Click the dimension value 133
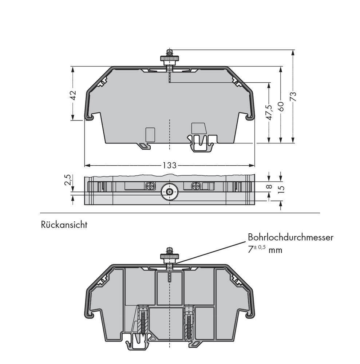click(169, 166)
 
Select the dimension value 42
click(73, 95)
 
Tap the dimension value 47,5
click(269, 112)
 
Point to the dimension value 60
click(280, 106)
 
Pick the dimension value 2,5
click(68, 180)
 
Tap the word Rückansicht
click(64, 225)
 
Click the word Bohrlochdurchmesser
click(290, 237)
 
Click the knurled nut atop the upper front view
click(169, 59)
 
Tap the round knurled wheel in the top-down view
click(169, 191)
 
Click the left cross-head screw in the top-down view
click(150, 186)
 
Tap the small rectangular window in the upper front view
click(150, 134)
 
